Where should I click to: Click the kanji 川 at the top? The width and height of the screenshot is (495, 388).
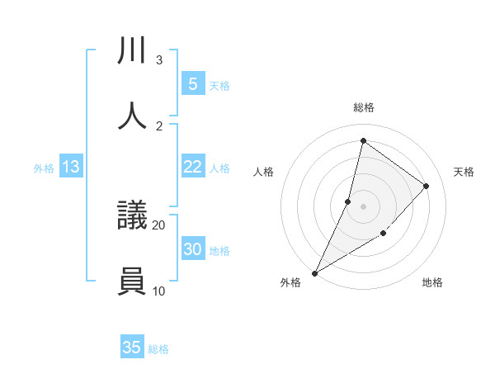coord(133,51)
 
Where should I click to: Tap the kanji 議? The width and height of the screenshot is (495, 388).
coord(133,216)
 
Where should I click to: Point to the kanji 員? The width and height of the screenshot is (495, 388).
coord(133,282)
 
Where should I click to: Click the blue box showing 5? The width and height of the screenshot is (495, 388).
coord(193,83)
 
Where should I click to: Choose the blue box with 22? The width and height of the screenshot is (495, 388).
coord(193,167)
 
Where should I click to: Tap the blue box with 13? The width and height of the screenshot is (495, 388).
coord(71,167)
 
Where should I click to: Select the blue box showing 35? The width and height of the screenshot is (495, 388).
coord(132,348)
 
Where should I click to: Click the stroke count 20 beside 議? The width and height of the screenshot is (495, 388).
coord(158,225)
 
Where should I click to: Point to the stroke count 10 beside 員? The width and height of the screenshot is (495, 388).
coord(158,291)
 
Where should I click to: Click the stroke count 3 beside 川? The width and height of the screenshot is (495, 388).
coord(158,60)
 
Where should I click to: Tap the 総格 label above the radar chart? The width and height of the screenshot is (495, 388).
coord(363,107)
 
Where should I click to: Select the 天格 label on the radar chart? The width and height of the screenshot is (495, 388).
coord(464,172)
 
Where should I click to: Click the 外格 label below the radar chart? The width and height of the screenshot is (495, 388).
coord(290,282)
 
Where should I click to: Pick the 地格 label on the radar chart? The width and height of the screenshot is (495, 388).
coord(432,282)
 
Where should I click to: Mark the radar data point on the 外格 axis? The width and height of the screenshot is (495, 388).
coord(314,273)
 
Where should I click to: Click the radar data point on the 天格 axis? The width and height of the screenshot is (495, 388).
coord(427,186)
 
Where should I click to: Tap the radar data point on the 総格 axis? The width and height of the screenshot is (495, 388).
coord(363,140)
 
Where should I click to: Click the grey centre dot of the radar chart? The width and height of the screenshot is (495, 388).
coord(363,206)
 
